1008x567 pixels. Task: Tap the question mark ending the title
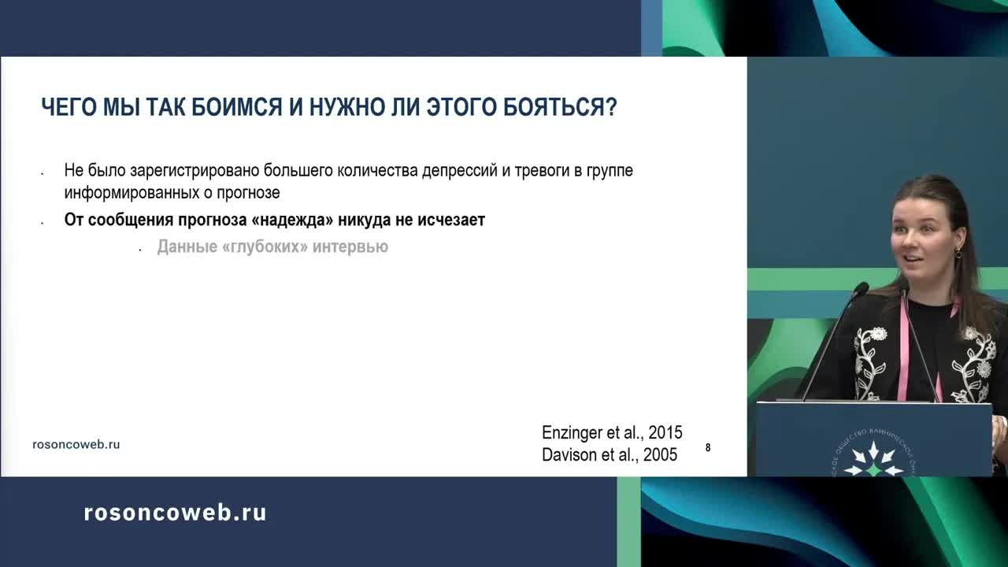coord(610,108)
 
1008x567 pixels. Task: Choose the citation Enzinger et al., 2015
coord(612,432)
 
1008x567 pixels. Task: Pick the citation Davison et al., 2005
coord(610,454)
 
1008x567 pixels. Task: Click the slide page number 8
coord(708,447)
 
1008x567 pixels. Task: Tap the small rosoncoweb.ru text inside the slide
coord(76,444)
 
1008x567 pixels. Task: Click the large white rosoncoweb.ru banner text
coord(175,513)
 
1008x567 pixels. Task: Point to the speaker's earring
coord(958,253)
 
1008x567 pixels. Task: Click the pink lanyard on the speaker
coord(903,346)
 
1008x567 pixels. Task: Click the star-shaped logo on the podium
coord(873,460)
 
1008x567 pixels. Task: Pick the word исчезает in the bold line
coord(451,220)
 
